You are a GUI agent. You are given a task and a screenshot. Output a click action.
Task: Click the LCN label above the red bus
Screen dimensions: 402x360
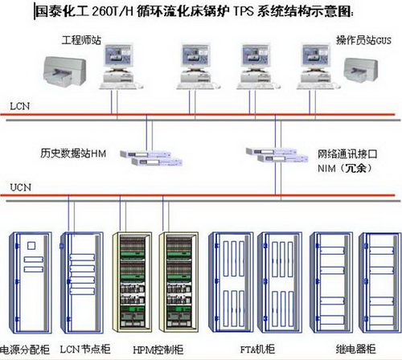tap(19, 106)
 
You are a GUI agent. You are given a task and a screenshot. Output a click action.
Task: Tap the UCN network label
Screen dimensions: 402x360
tap(20, 187)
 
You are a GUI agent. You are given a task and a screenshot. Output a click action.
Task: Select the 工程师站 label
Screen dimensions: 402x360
tap(81, 40)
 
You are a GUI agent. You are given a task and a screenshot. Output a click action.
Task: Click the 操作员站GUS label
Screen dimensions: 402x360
tap(363, 40)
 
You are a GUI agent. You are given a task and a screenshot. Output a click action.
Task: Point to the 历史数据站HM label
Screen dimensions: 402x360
tap(73, 153)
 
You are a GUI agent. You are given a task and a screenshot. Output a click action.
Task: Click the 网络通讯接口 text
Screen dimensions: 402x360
tap(347, 154)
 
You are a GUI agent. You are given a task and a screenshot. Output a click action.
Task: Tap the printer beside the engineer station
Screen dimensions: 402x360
tap(64, 72)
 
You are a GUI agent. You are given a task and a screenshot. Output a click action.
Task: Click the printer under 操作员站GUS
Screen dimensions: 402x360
tap(361, 71)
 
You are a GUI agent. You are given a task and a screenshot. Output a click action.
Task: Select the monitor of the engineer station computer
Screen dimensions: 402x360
tap(118, 56)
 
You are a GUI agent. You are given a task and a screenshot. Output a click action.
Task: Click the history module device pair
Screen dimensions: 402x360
tap(151, 158)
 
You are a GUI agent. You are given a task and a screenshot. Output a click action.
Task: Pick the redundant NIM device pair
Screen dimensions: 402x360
tap(277, 155)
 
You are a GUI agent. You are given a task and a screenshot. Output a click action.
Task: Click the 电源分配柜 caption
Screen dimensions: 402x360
tap(25, 350)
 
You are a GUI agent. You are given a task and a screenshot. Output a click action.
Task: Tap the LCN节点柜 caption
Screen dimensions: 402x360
tap(85, 350)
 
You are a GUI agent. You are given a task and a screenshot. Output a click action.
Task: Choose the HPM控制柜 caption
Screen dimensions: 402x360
tap(158, 350)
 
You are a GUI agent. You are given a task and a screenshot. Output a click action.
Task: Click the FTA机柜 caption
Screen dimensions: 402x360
tap(257, 349)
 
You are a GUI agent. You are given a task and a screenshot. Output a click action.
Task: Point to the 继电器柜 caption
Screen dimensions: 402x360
tap(355, 349)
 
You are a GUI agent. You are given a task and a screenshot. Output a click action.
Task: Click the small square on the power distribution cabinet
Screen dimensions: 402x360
tap(31, 246)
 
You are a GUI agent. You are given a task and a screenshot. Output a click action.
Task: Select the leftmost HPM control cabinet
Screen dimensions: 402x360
tap(132, 282)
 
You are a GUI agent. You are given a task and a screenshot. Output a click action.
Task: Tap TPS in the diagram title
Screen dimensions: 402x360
tap(244, 11)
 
